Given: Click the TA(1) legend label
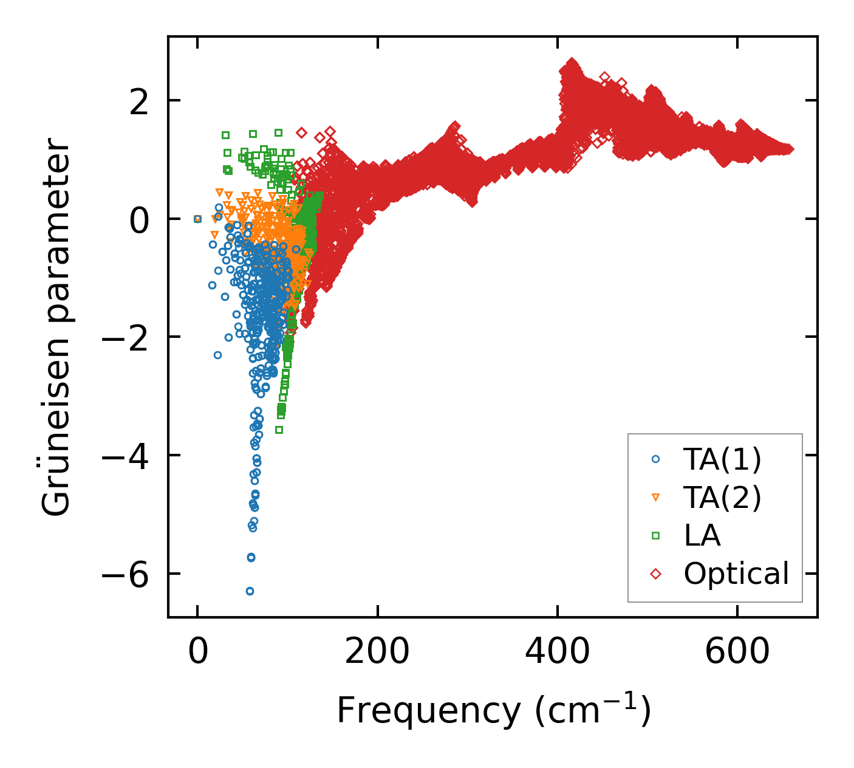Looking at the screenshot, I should point(722,460).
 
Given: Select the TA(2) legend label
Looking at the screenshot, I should point(722,498).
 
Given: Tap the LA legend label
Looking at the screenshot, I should point(702,535).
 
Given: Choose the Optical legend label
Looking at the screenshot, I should point(736,574).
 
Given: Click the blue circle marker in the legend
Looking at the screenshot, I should point(655,459).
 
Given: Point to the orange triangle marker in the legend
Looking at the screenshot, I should point(655,498).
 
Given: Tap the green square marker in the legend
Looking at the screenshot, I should point(655,535).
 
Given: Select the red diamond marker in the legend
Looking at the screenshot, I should point(655,574).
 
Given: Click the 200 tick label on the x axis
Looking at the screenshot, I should point(377,652).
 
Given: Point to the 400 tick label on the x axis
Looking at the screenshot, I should point(557,652).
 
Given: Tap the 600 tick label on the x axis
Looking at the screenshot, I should point(737,652).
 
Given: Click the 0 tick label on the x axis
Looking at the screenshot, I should point(197,652).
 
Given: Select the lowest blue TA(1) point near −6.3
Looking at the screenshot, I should point(250,591).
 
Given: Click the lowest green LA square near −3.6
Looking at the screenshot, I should point(279,430).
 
